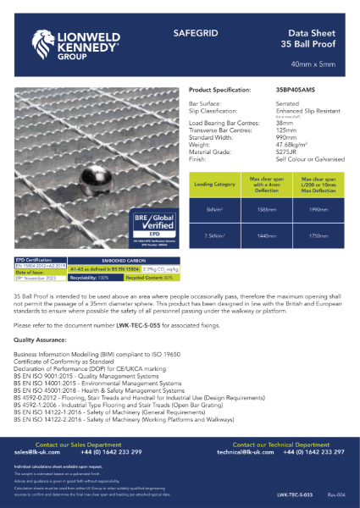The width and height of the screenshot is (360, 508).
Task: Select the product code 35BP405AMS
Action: pyautogui.click(x=296, y=89)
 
